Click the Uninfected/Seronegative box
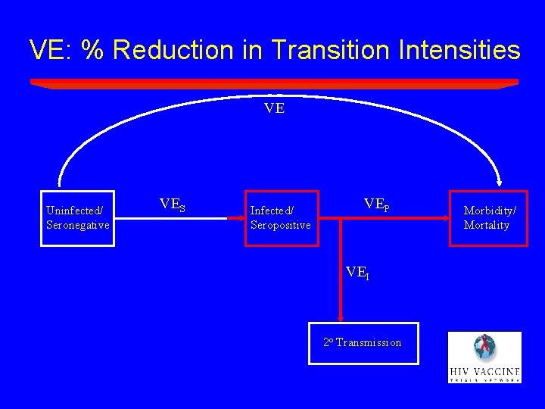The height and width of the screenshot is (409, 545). point(77,218)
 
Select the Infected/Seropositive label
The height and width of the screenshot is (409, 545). point(280,218)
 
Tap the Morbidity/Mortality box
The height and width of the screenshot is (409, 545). point(487,218)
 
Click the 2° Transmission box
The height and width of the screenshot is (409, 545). point(365,343)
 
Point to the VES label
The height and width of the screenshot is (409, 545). point(173,204)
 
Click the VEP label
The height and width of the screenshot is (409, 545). point(376,204)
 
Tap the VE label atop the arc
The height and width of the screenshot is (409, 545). point(274,108)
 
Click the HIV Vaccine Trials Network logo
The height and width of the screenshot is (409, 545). point(484,357)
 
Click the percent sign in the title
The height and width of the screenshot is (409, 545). point(94,50)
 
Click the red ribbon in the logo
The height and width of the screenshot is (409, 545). point(478,347)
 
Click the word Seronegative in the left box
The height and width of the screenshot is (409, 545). point(77,226)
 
